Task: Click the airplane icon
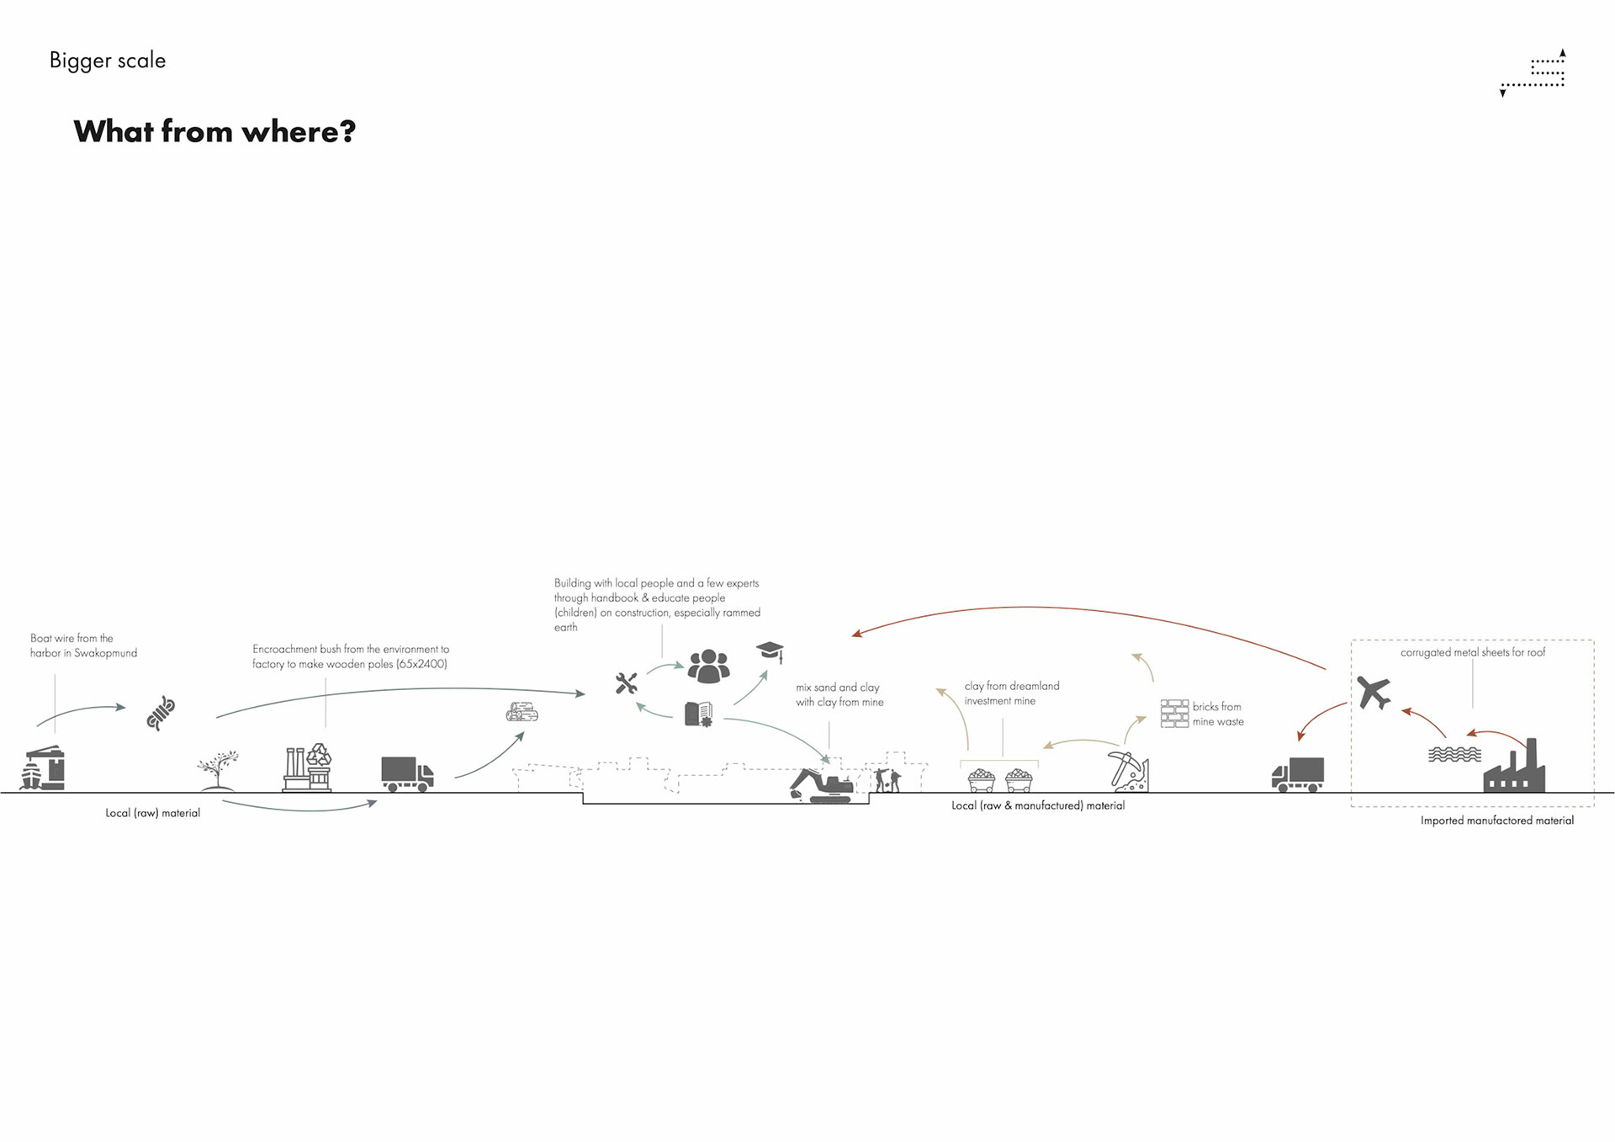point(1374,693)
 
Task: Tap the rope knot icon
point(161,713)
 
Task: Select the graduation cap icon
point(770,651)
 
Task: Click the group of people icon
point(708,666)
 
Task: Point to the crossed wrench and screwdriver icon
point(626,683)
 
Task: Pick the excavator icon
point(821,785)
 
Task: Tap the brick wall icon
point(1174,713)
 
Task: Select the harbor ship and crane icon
point(43,768)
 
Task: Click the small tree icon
point(218,770)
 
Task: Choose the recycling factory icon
point(307,767)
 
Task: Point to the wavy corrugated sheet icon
point(1454,754)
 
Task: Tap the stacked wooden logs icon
point(522,713)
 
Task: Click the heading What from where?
point(214,131)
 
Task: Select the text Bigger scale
point(108,61)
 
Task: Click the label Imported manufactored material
point(1496,821)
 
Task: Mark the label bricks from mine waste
point(1217,714)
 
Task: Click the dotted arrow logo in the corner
point(1533,73)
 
